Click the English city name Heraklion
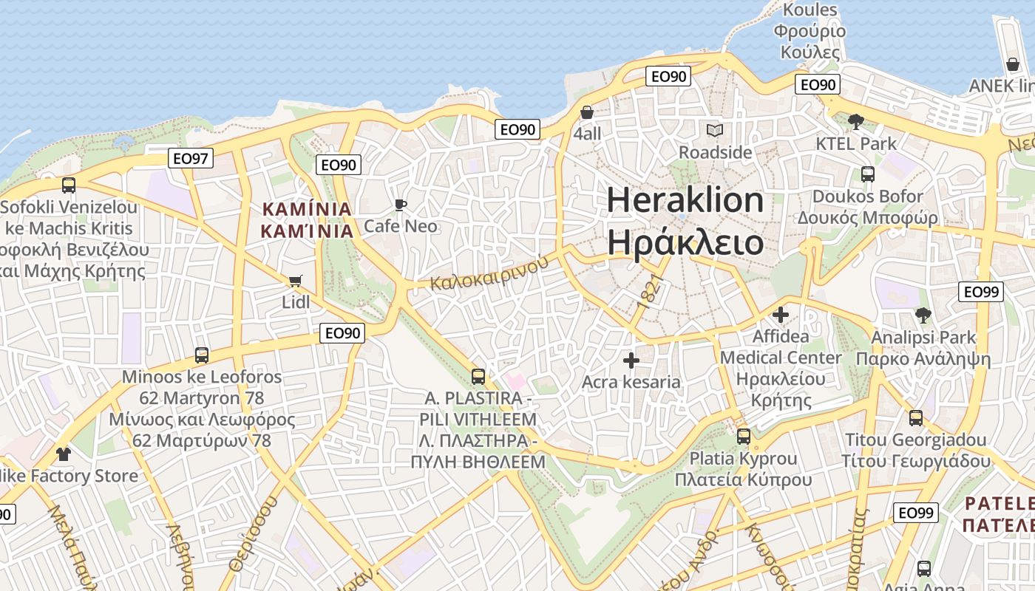[x=685, y=200]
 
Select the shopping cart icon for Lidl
[x=296, y=281]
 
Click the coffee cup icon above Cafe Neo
[x=401, y=205]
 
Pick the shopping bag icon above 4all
[x=587, y=113]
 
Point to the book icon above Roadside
[x=715, y=131]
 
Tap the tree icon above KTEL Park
[x=856, y=122]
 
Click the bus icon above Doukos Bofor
[x=868, y=174]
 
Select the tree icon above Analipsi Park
[x=923, y=315]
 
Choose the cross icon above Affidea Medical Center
[x=781, y=315]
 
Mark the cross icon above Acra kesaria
[x=631, y=361]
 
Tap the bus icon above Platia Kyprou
[x=744, y=437]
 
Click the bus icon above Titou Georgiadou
[x=916, y=418]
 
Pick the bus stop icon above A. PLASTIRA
[x=478, y=377]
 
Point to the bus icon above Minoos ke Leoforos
[x=202, y=355]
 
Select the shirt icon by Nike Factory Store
[x=64, y=454]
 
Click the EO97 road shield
[x=191, y=158]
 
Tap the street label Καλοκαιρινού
[x=489, y=273]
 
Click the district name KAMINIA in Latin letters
[x=307, y=209]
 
